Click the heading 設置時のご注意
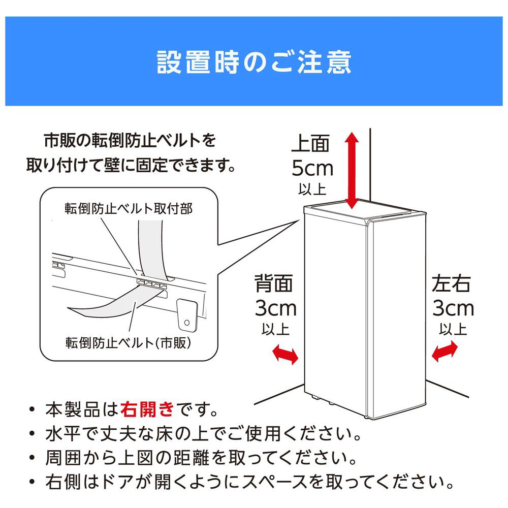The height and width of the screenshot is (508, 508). (254, 62)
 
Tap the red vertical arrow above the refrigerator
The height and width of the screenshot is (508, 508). (351, 170)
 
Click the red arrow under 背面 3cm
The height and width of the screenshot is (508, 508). (285, 354)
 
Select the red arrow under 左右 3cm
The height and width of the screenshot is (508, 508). (445, 352)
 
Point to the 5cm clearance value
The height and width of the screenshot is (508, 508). (312, 169)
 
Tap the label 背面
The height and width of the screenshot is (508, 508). (274, 283)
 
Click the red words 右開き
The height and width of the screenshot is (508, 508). (147, 409)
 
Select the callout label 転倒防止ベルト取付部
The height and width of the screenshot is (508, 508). (129, 209)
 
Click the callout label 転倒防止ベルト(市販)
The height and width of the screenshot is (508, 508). (129, 342)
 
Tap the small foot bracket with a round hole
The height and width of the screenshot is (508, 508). (187, 315)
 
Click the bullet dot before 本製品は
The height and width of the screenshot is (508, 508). (31, 409)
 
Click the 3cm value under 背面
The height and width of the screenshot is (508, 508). (276, 308)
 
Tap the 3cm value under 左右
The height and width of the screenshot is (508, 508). (453, 308)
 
